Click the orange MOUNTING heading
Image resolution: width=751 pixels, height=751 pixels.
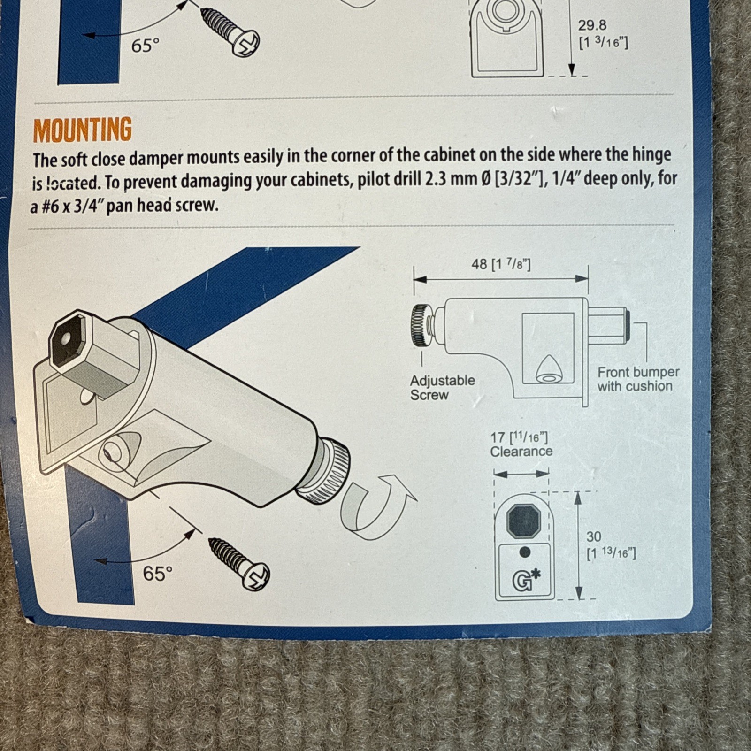point(83,130)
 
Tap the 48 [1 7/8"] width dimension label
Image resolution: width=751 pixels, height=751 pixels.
point(501,264)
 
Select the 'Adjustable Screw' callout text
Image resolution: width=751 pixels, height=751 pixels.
point(442,387)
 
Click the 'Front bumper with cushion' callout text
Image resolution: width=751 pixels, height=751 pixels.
point(638,379)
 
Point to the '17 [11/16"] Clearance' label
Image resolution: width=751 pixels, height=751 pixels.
point(521,444)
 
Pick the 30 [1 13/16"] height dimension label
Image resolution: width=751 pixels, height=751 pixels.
point(611,544)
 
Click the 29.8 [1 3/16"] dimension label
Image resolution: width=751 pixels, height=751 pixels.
point(603,34)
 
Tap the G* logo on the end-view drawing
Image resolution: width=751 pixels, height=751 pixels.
point(526,580)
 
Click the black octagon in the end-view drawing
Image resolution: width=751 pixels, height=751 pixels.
point(524,520)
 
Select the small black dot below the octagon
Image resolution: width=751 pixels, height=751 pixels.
point(525,552)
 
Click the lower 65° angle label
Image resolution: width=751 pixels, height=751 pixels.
point(158,573)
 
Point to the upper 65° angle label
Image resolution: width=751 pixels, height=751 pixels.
point(146,46)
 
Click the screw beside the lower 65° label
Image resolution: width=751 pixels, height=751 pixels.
point(239,564)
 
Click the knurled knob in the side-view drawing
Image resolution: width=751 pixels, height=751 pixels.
point(422,325)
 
